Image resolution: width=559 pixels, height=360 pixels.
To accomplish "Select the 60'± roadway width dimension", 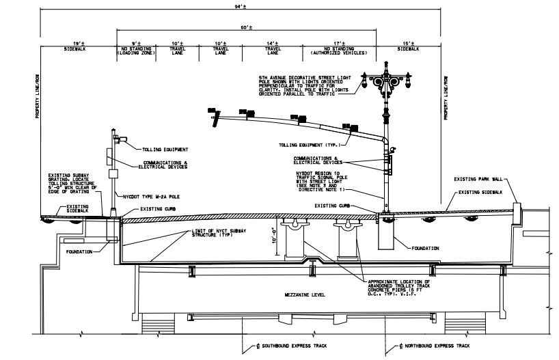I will click(245, 27).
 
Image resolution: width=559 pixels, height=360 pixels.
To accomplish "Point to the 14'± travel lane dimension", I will click(273, 43).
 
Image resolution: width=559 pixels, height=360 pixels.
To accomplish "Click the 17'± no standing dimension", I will click(340, 43).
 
